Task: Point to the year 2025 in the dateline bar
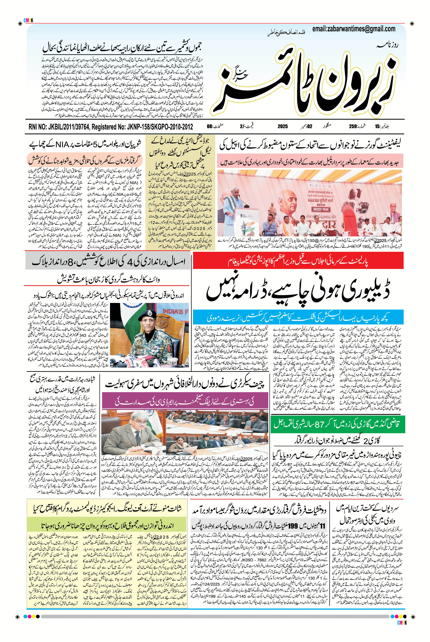coord(282,127)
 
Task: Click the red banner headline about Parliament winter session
coord(298,262)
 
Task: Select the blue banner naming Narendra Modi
coord(298,318)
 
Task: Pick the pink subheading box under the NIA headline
coord(85,159)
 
